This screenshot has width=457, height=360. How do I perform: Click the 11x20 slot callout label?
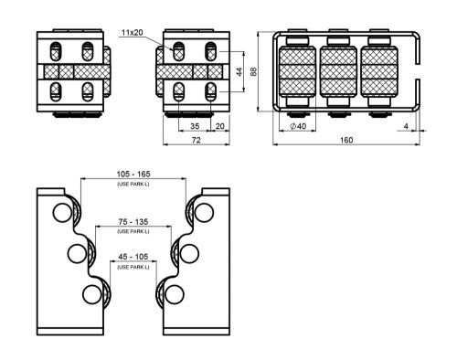133,33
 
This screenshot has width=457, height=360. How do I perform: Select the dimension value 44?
239,72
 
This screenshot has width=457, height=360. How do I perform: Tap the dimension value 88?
253,71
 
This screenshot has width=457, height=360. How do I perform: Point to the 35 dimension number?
195,126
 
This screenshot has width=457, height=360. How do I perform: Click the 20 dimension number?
219,126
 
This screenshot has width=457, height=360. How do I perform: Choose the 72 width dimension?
197,140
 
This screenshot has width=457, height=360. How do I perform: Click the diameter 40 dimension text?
298,126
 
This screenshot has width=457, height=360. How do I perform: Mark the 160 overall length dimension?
346,140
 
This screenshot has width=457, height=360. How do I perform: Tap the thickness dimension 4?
406,126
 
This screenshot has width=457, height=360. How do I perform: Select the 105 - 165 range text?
133,174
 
